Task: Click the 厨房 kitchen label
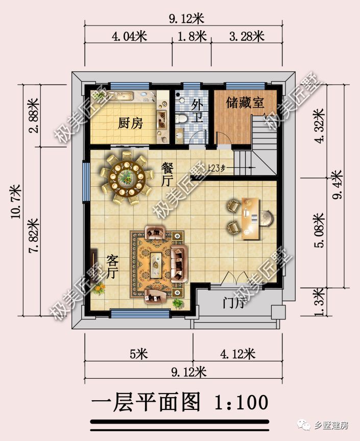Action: (x=130, y=123)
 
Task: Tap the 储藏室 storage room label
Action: (x=245, y=102)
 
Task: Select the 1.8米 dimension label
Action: (x=191, y=36)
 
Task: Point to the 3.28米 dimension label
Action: (x=247, y=36)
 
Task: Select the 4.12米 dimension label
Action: (x=237, y=353)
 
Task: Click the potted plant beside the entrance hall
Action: (x=178, y=303)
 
